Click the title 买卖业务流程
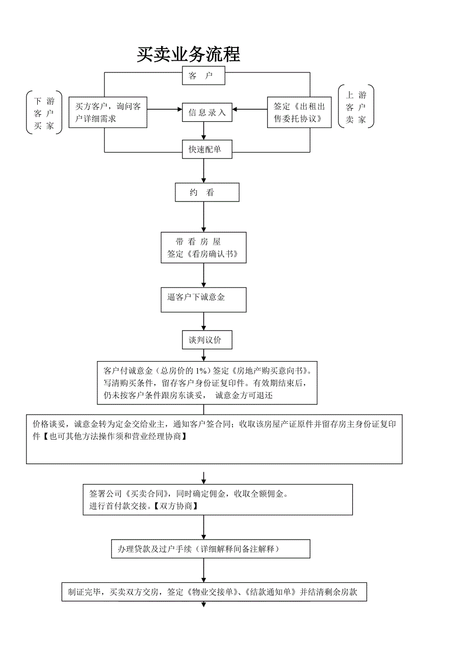click(188, 55)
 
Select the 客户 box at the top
click(203, 76)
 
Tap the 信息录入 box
click(207, 113)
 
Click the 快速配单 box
click(204, 149)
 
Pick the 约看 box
click(207, 193)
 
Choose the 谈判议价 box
click(207, 340)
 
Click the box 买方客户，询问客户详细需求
click(108, 112)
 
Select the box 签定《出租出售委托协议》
click(299, 112)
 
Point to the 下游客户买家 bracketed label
click(44, 113)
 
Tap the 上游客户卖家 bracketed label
click(356, 107)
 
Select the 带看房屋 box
click(203, 248)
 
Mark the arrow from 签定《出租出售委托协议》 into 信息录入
click(250, 109)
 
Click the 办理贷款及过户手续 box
click(211, 549)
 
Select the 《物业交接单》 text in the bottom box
click(214, 592)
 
